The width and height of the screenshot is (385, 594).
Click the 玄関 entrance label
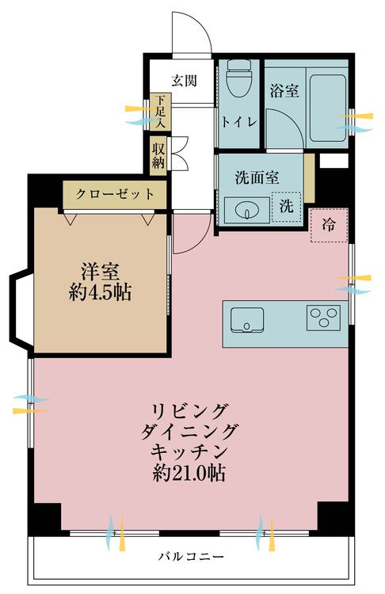pos(184,80)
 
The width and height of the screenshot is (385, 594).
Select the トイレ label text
pos(238,123)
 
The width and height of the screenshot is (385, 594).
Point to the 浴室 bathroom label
pos(284,91)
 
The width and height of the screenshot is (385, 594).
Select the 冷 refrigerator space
pos(328,225)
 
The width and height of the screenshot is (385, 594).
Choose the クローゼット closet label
pos(115,193)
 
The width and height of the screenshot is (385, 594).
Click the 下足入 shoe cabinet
pos(160,112)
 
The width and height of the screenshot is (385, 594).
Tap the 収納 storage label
pos(159,154)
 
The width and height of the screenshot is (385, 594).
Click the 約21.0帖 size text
pos(190,474)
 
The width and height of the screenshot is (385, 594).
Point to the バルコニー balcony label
pos(190,555)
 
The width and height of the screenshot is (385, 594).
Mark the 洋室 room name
pos(100,269)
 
